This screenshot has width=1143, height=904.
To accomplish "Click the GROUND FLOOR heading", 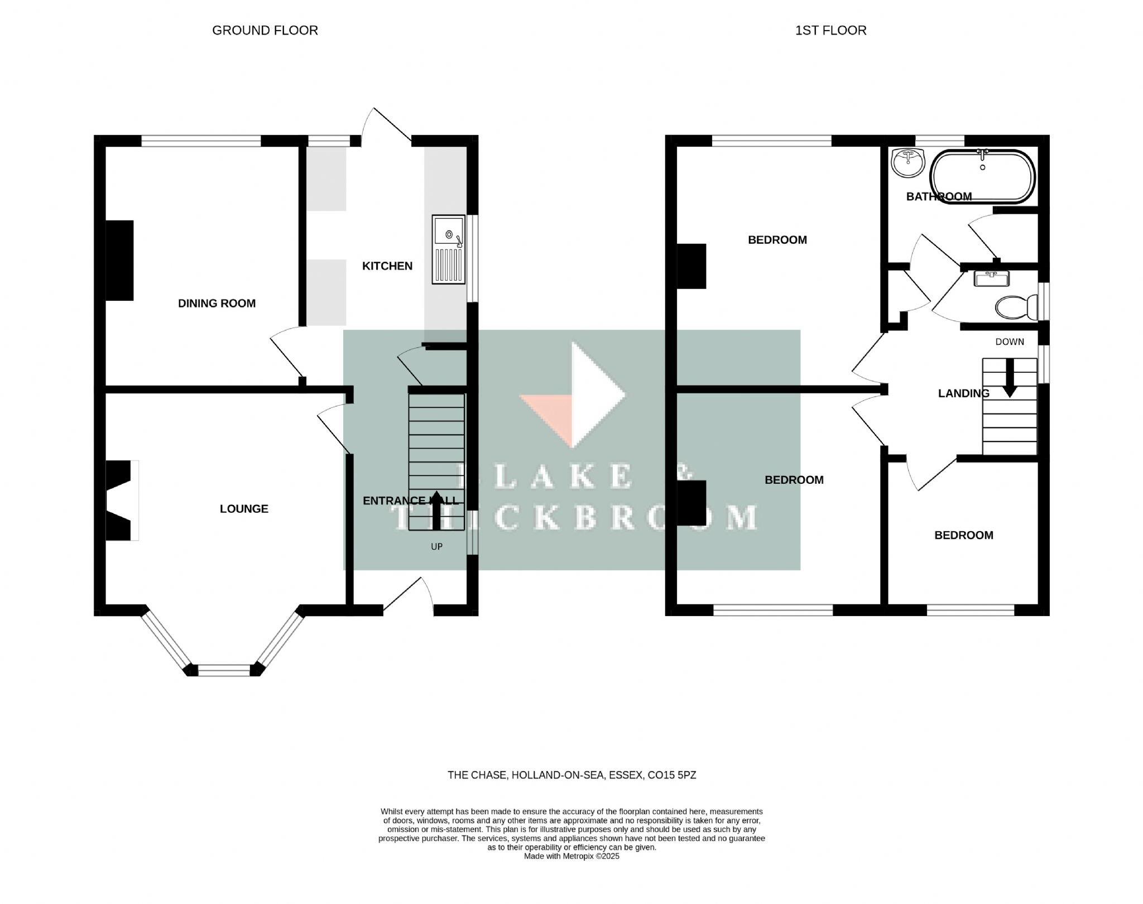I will (265, 31).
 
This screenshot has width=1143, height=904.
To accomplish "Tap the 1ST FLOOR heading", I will (830, 31).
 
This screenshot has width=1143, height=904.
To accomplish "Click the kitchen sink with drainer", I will (449, 249).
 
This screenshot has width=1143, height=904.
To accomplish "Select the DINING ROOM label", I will (217, 304).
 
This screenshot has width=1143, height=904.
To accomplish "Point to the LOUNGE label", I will (244, 509).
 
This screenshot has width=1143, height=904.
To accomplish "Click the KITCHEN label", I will (387, 266).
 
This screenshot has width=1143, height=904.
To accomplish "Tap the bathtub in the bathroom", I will (982, 177).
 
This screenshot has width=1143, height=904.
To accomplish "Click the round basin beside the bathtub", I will (908, 162).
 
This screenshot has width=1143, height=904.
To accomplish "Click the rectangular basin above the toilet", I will (991, 278).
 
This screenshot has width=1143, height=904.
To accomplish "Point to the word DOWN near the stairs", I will (1010, 342).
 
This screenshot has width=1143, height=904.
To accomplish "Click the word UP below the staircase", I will (436, 547).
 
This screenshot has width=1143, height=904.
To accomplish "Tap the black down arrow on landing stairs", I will (1010, 379).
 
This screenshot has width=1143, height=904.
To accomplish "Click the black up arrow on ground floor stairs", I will (436, 510).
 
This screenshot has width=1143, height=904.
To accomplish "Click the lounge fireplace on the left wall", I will (120, 500).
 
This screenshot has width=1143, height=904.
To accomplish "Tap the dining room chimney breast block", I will (120, 261).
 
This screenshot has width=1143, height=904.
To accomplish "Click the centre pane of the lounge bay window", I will (224, 670).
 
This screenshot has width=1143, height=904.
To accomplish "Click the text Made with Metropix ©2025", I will (571, 856).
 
